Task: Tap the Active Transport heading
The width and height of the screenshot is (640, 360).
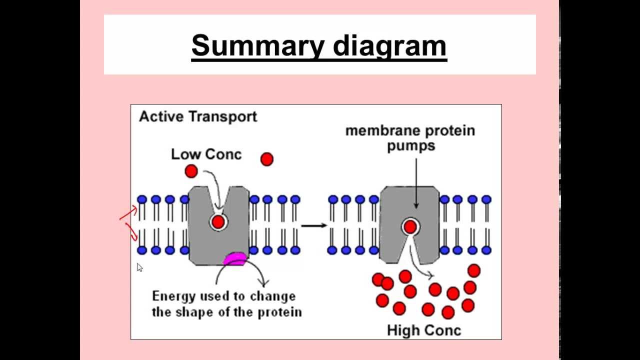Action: click(x=198, y=116)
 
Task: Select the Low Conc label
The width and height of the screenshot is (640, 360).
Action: click(x=206, y=154)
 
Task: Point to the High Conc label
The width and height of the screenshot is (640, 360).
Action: click(x=424, y=330)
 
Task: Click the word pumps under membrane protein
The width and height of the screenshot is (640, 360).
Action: click(x=411, y=146)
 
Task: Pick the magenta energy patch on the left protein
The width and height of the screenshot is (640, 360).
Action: click(x=234, y=258)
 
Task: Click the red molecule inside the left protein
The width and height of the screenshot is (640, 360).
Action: click(x=218, y=222)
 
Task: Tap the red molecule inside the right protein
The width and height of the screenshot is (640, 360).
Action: click(x=410, y=227)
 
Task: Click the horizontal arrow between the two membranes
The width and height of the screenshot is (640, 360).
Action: click(x=314, y=225)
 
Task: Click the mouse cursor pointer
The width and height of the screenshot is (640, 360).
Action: click(x=139, y=267)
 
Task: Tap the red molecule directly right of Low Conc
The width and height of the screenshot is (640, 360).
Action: click(x=267, y=159)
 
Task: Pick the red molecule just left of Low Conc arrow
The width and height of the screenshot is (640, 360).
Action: click(x=191, y=171)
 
